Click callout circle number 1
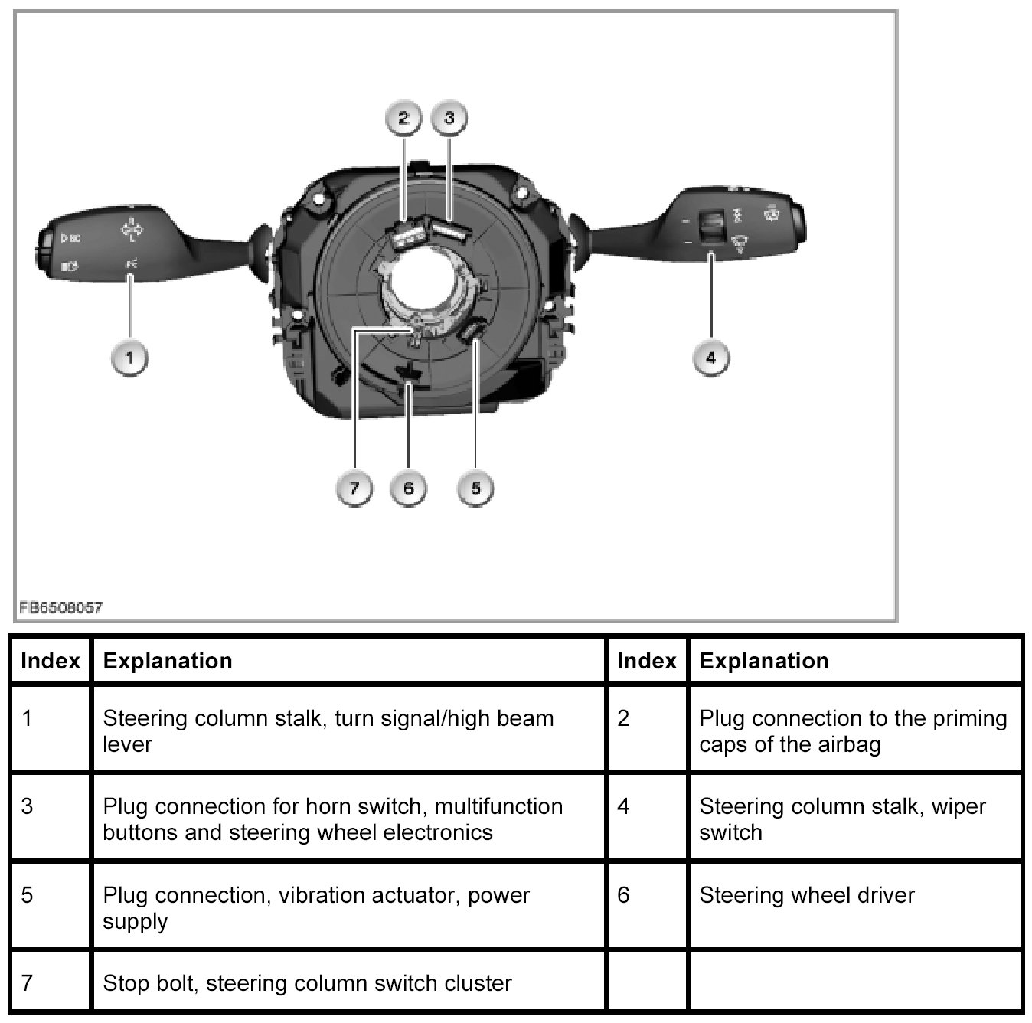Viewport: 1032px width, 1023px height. point(129,358)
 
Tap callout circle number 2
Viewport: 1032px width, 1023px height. point(403,118)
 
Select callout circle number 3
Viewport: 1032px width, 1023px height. point(449,118)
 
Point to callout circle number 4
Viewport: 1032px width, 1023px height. point(711,358)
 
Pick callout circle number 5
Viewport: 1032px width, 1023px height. point(475,488)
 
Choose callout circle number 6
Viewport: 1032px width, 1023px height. point(408,488)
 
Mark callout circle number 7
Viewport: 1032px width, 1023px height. point(354,488)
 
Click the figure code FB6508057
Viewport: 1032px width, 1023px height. point(60,608)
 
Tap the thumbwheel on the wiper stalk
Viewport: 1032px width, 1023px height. point(711,223)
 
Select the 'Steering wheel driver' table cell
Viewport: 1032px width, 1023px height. point(807,895)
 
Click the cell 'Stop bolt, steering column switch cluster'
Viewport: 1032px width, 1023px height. point(307,983)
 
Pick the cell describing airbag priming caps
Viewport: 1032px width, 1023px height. point(853,730)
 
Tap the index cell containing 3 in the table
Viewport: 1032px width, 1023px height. point(28,806)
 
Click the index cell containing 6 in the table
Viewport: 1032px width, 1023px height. point(623,895)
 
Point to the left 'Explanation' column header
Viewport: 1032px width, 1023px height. point(168,661)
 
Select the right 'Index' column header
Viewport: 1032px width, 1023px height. point(647,661)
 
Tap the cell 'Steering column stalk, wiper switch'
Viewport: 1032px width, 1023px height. point(842,819)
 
